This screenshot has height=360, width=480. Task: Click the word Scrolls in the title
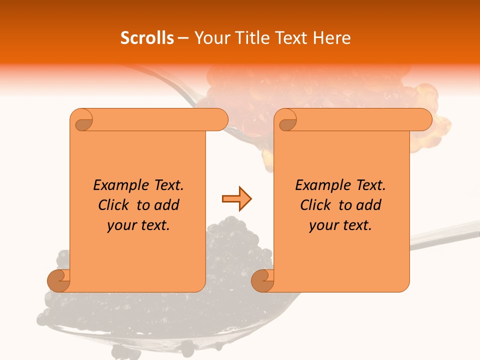[147, 38]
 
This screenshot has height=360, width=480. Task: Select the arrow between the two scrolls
[236, 199]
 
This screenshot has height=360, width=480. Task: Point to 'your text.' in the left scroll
[138, 225]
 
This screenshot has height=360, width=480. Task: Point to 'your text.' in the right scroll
[340, 225]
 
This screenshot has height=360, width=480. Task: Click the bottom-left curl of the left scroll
[59, 280]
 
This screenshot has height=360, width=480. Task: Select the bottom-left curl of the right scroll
[263, 280]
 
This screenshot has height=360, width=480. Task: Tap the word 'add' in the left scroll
[167, 205]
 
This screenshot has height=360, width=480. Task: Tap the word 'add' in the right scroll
[369, 205]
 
